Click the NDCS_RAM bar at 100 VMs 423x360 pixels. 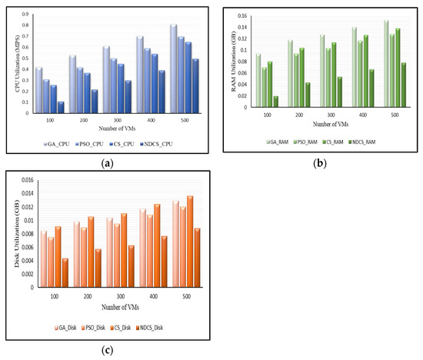(275, 102)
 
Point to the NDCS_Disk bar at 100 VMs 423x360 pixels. (65, 272)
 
